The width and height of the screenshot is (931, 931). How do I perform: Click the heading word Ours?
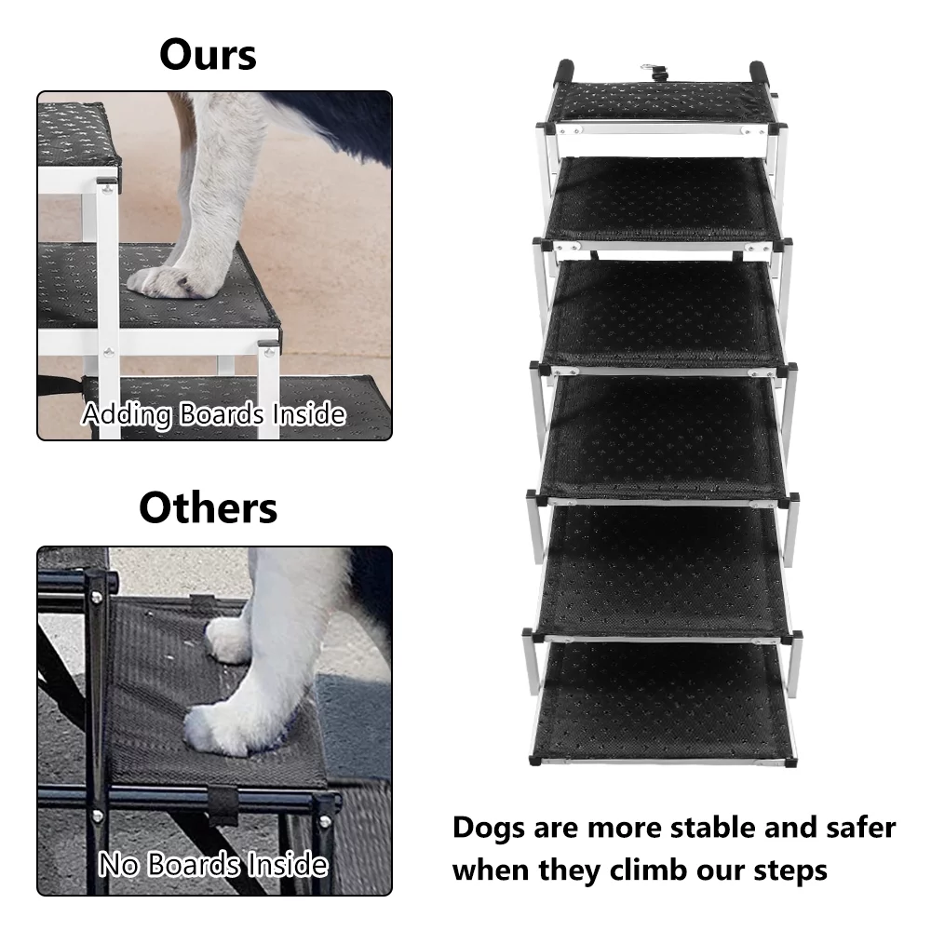click(x=208, y=54)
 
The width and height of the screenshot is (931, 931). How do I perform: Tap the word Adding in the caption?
click(x=127, y=415)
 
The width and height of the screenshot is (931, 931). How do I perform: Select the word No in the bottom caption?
click(x=119, y=864)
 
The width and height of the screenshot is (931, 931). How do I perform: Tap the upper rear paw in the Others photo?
click(x=229, y=641)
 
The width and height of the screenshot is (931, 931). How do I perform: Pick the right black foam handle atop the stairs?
click(x=759, y=74)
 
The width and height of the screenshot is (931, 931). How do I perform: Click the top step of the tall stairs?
click(x=662, y=102)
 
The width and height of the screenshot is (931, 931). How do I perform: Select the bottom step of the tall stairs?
click(x=664, y=702)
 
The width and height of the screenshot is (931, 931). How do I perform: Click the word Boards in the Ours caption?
click(x=221, y=414)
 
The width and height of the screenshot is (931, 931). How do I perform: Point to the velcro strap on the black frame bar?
click(x=223, y=804)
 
